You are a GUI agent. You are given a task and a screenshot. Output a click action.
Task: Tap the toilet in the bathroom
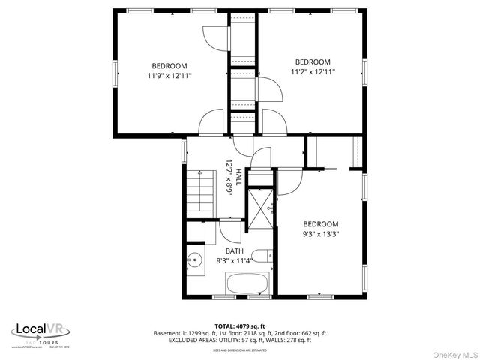point(262,256)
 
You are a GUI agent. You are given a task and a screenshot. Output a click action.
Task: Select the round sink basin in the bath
point(194,262)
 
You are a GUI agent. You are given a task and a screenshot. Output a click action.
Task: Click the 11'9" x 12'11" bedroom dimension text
point(169,76)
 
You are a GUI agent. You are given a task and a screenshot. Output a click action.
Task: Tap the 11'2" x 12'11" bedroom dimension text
point(313,72)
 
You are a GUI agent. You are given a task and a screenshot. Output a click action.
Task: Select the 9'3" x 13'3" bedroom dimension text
point(321,234)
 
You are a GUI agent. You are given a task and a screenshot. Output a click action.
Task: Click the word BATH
point(235,251)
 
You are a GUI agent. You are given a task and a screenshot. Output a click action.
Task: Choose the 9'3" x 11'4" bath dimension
point(235,261)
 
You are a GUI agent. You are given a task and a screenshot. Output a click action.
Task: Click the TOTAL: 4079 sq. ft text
point(240,325)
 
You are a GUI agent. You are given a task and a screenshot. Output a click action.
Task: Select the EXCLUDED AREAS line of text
point(240,340)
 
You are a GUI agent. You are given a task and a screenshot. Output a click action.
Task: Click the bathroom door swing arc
point(232,231)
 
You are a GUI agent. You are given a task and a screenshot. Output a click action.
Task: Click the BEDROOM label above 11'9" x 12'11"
point(169,65)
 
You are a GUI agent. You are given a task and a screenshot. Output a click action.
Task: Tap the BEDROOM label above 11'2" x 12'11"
point(313,61)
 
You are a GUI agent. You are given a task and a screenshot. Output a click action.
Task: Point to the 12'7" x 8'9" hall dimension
point(229,178)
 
